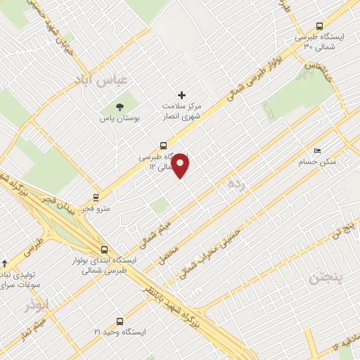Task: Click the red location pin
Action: pyautogui.click(x=181, y=165)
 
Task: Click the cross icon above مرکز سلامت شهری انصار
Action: pyautogui.click(x=181, y=95)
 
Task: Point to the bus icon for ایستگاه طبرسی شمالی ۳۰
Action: pyautogui.click(x=321, y=22)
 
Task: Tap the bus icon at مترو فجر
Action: pyautogui.click(x=95, y=198)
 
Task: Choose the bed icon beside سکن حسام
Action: pyautogui.click(x=317, y=151)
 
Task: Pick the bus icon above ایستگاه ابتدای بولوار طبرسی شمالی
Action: pyautogui.click(x=104, y=249)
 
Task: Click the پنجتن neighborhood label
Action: pyautogui.click(x=328, y=278)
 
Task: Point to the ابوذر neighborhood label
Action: pyautogui.click(x=37, y=307)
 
